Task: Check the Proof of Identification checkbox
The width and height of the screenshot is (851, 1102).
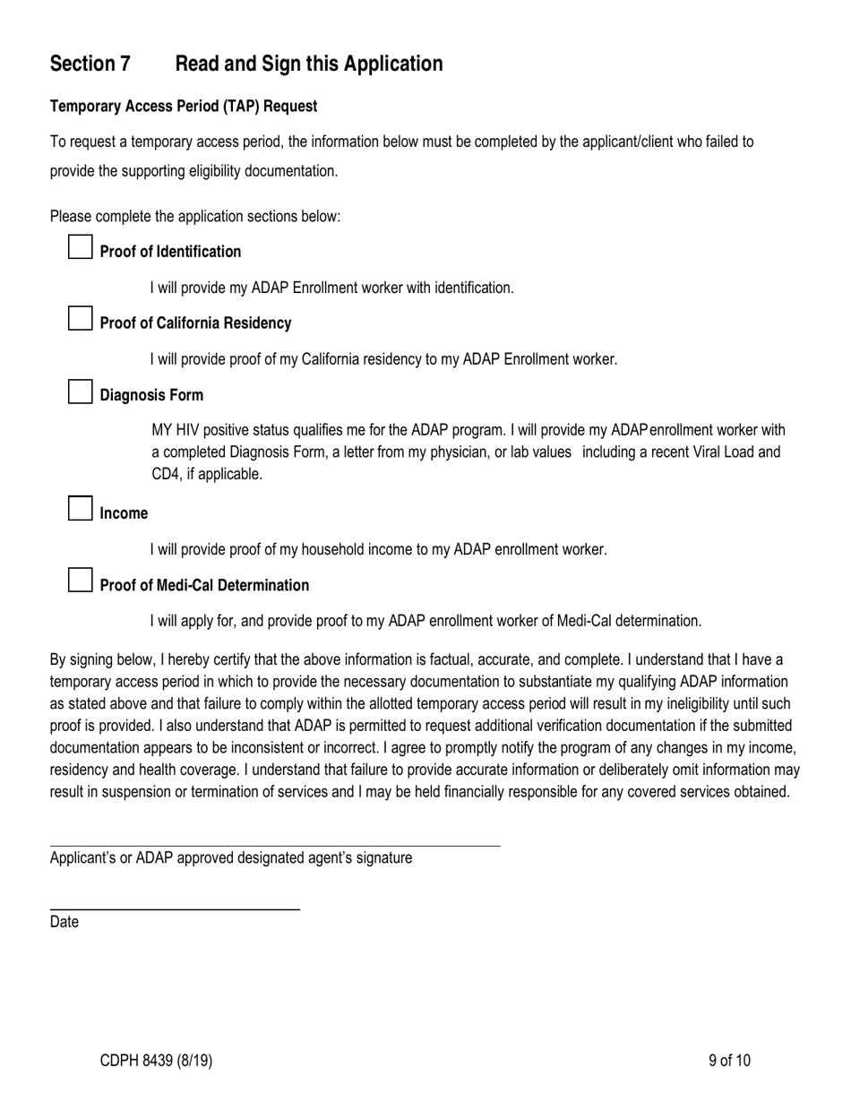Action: (81, 247)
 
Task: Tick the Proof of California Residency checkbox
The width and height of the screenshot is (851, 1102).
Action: (81, 319)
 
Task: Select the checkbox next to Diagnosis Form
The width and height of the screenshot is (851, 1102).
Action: (81, 392)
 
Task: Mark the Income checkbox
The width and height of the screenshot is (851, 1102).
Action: (81, 509)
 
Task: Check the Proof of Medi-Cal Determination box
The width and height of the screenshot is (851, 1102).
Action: (81, 581)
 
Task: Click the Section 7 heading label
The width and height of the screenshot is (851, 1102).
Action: (90, 64)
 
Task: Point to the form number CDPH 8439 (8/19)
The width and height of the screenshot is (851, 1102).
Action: (156, 1061)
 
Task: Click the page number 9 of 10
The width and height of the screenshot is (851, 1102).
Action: (729, 1061)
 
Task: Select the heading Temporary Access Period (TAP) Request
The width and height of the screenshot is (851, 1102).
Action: (184, 106)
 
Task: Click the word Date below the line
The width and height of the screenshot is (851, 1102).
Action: (64, 922)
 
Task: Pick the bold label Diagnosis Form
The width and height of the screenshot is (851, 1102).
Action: (151, 395)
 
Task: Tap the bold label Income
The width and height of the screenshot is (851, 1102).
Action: (124, 513)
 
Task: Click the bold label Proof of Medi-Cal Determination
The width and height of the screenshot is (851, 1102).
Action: (204, 585)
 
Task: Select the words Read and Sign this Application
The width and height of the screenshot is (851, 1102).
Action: (309, 64)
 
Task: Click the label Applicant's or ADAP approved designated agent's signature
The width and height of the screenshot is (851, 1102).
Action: (231, 858)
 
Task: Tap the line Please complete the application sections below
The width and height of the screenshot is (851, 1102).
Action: (195, 216)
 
